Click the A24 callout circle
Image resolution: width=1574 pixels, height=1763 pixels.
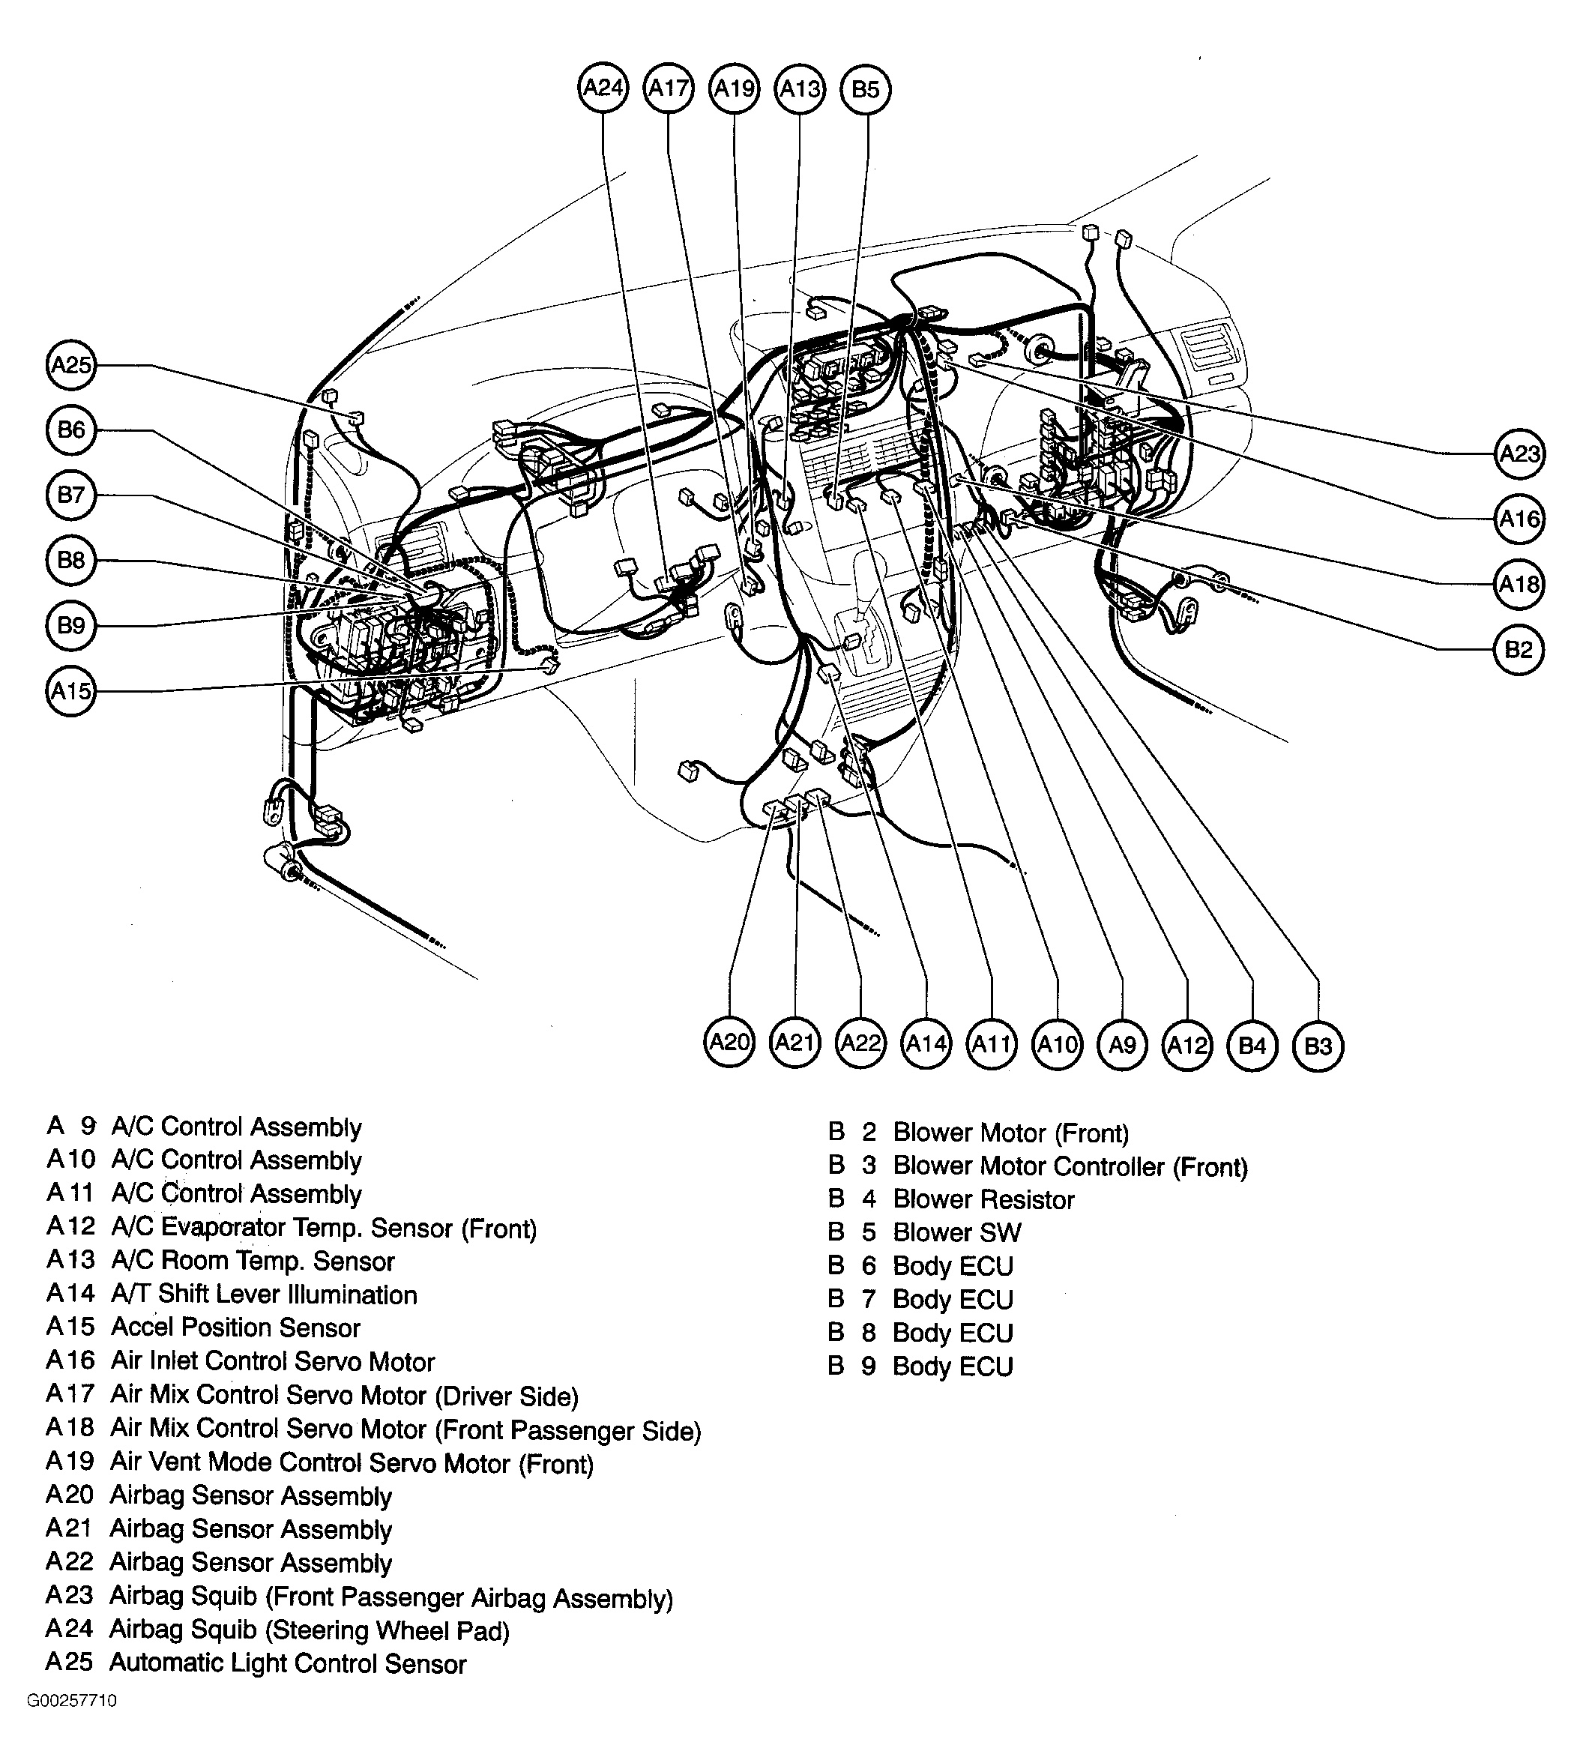tap(603, 88)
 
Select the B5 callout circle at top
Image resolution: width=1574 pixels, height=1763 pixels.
tap(866, 89)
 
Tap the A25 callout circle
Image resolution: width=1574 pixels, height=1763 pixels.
tap(70, 364)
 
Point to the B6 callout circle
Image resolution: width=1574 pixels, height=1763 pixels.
tap(70, 430)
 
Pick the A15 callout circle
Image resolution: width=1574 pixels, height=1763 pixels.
tap(70, 691)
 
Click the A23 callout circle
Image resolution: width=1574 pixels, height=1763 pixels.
tap(1519, 453)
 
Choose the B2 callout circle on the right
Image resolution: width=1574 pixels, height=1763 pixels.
tap(1519, 650)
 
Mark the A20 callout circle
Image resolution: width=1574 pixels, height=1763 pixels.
tap(729, 1043)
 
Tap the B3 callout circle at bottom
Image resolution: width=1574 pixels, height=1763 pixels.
tap(1317, 1046)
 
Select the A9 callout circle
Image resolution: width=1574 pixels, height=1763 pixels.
tap(1122, 1045)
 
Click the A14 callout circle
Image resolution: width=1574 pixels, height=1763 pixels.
tap(926, 1044)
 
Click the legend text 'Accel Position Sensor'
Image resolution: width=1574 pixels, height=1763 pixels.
tap(235, 1328)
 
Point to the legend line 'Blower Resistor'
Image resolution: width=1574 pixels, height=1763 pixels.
tap(983, 1200)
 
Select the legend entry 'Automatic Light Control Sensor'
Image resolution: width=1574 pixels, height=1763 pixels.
tap(288, 1663)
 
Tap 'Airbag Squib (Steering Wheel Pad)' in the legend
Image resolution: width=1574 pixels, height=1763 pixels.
tap(310, 1630)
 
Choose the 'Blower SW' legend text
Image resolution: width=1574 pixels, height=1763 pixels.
tap(956, 1233)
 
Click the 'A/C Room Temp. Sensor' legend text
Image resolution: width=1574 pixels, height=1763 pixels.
tap(253, 1262)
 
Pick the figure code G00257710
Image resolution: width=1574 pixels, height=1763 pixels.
tap(72, 1725)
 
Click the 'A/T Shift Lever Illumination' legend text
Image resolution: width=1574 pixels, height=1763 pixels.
tap(264, 1295)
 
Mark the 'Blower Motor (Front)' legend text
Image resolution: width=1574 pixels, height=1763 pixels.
tap(1010, 1133)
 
